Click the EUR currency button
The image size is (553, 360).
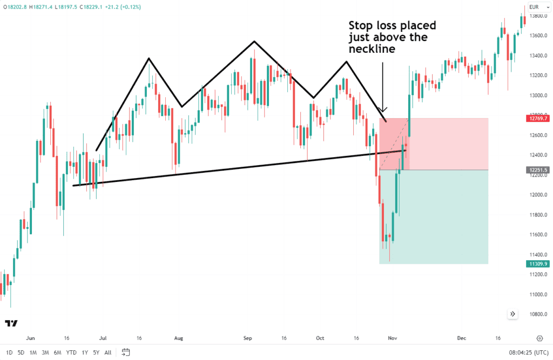point(536,7)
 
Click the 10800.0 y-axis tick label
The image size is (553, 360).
point(538,314)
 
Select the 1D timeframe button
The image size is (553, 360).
point(9,352)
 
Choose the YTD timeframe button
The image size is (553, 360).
point(71,352)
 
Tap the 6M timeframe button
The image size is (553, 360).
point(57,352)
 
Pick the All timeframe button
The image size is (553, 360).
point(108,352)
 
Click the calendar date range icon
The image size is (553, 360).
point(126,352)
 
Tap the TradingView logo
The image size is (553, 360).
point(11,323)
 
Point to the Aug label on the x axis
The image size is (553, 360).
point(179,338)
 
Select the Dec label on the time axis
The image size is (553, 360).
point(461,338)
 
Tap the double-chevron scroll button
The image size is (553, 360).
point(512,314)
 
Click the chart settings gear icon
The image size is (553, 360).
point(539,338)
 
